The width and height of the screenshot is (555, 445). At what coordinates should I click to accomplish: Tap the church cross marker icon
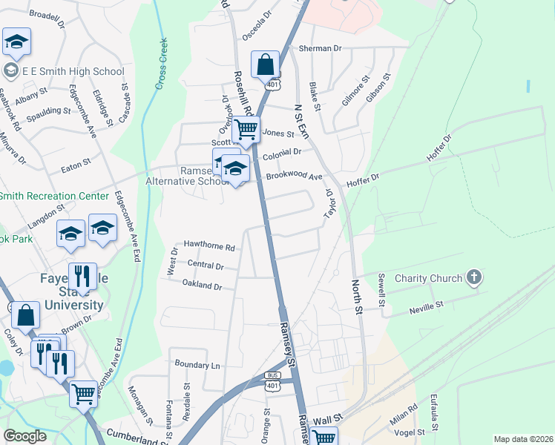click(x=474, y=279)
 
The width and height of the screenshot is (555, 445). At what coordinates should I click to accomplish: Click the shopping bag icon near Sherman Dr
click(x=265, y=65)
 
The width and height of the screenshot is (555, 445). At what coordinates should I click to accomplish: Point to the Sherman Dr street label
click(x=320, y=48)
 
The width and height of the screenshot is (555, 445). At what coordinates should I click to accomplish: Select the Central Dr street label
click(x=206, y=265)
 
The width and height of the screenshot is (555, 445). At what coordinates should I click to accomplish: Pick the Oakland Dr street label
click(x=202, y=284)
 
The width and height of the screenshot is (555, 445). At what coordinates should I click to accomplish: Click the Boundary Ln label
click(x=197, y=365)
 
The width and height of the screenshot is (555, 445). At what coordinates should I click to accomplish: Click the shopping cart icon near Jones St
click(x=246, y=131)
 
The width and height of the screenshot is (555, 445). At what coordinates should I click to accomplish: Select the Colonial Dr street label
click(x=283, y=153)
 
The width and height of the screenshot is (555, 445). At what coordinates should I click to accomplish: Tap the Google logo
click(x=24, y=436)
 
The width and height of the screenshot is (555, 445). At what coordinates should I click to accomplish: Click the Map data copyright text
click(x=522, y=439)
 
